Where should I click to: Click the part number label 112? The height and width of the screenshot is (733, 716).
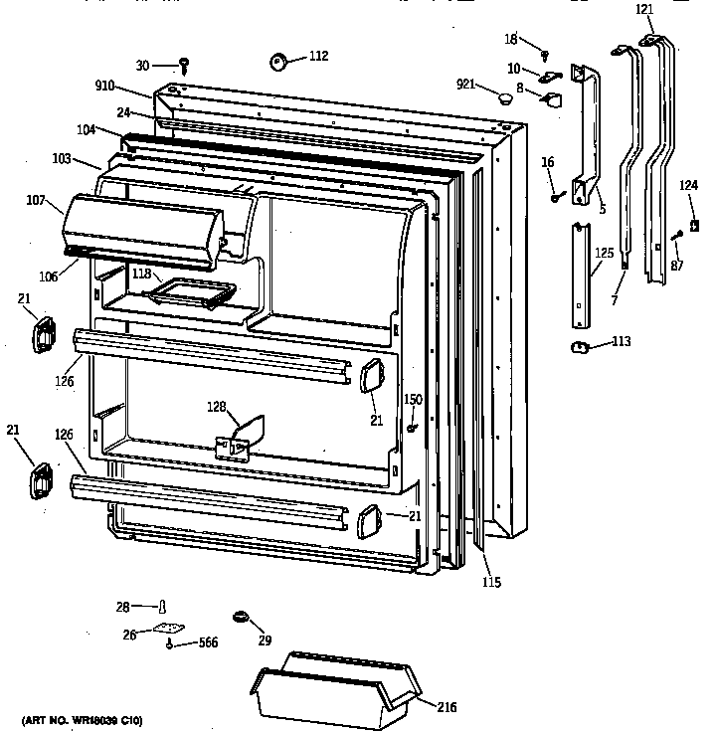(x=317, y=56)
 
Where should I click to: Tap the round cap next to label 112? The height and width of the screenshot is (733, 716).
(x=277, y=63)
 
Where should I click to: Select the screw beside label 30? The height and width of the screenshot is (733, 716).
(x=185, y=66)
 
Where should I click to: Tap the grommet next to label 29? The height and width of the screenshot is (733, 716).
(x=240, y=618)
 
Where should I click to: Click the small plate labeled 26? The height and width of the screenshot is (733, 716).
(x=170, y=629)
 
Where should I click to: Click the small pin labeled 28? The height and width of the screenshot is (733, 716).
(x=162, y=606)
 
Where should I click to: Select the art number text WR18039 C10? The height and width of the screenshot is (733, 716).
(x=82, y=719)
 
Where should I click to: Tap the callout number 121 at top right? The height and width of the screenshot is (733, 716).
(x=644, y=9)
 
